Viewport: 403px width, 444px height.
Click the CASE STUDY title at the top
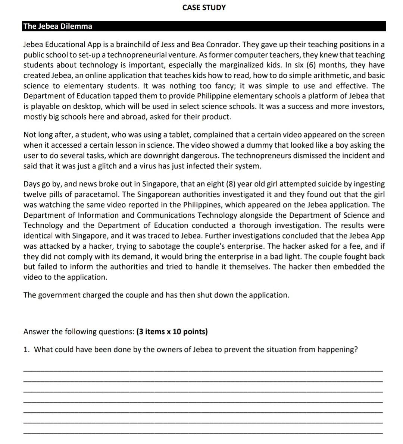tap(204, 7)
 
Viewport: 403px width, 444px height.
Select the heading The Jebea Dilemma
tap(57, 26)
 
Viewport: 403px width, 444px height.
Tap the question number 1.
tap(26, 350)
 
